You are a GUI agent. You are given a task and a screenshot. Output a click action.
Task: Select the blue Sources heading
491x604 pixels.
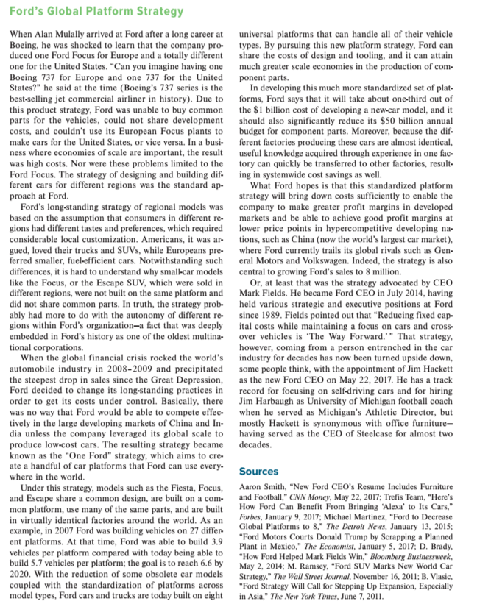click(x=259, y=470)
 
